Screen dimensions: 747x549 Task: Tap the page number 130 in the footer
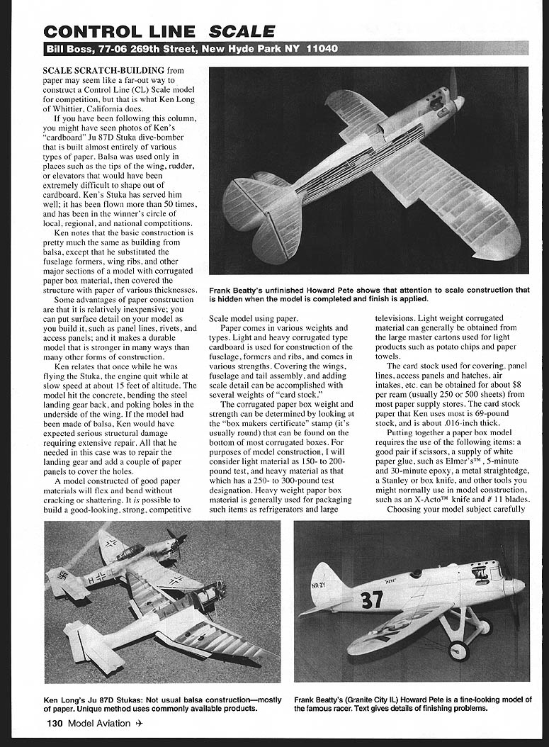click(55, 724)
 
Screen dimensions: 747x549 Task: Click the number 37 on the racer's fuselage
click(371, 599)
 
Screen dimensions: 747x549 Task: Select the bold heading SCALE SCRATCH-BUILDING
click(103, 70)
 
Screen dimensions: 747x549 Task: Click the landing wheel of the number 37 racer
click(458, 649)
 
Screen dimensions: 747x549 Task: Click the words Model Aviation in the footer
click(99, 724)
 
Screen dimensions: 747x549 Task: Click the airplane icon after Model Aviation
click(140, 724)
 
